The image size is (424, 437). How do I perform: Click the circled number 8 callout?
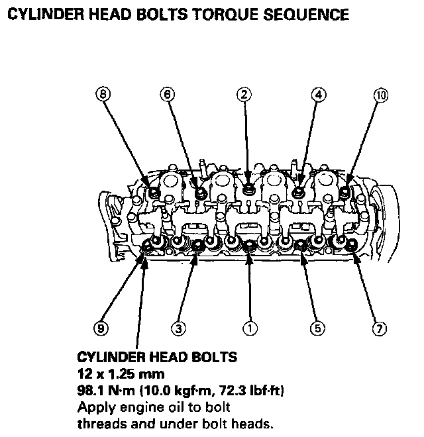click(102, 95)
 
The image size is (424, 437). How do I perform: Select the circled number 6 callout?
click(167, 95)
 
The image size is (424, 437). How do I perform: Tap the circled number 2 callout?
click(244, 95)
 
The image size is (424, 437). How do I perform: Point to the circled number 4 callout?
click(319, 95)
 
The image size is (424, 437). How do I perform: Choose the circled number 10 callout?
click(380, 95)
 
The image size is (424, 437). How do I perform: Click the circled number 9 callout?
click(101, 328)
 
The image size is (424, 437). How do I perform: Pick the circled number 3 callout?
click(178, 328)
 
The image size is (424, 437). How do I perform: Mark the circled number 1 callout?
click(250, 328)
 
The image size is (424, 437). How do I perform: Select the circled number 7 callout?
click(378, 328)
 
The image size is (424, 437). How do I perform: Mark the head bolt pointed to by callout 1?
click(250, 247)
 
